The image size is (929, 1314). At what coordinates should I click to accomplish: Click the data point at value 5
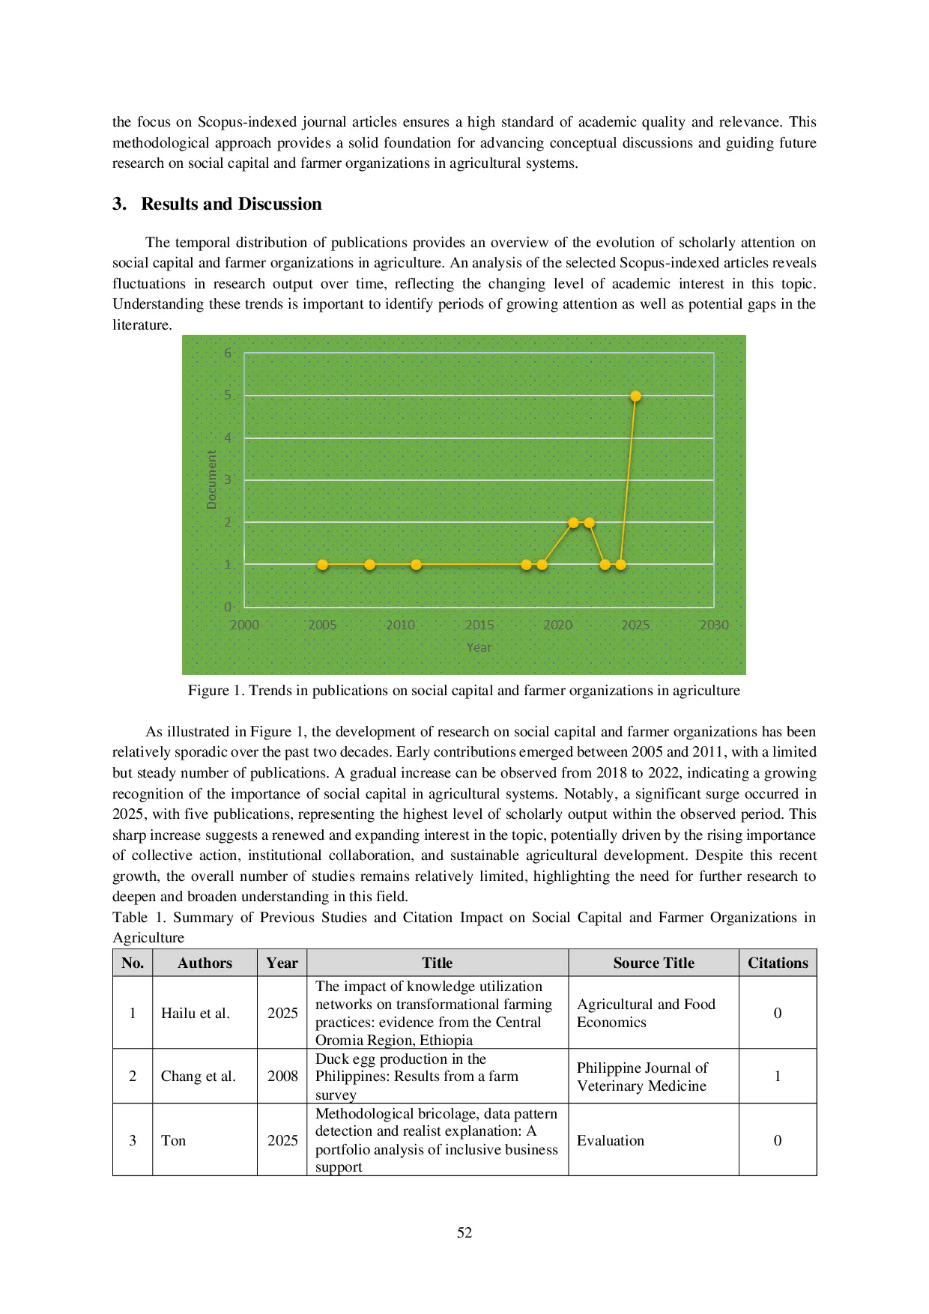635,396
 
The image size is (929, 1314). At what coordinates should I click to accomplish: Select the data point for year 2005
323,565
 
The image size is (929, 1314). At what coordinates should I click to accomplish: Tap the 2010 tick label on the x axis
401,625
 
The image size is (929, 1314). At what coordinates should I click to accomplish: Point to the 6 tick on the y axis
228,354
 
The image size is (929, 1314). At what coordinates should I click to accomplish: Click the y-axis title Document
211,480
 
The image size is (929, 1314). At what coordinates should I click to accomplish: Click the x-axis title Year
479,647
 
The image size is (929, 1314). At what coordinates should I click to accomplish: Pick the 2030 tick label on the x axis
714,625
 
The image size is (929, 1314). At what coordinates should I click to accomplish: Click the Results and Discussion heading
231,204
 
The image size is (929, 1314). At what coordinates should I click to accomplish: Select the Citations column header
778,963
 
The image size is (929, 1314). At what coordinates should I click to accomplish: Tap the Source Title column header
653,963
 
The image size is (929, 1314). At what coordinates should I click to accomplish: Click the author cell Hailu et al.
196,1013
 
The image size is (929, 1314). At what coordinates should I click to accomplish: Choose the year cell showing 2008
282,1077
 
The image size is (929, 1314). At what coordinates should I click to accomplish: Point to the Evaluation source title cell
611,1140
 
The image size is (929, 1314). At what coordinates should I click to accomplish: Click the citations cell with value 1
778,1077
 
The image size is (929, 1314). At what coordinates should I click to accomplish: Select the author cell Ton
173,1140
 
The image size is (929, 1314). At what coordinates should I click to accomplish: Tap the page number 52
464,1233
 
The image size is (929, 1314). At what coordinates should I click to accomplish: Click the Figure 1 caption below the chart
464,691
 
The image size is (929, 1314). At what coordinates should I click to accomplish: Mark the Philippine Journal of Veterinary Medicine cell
642,1077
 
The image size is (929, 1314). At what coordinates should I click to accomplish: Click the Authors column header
205,963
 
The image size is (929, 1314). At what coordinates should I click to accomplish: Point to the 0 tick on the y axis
228,607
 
